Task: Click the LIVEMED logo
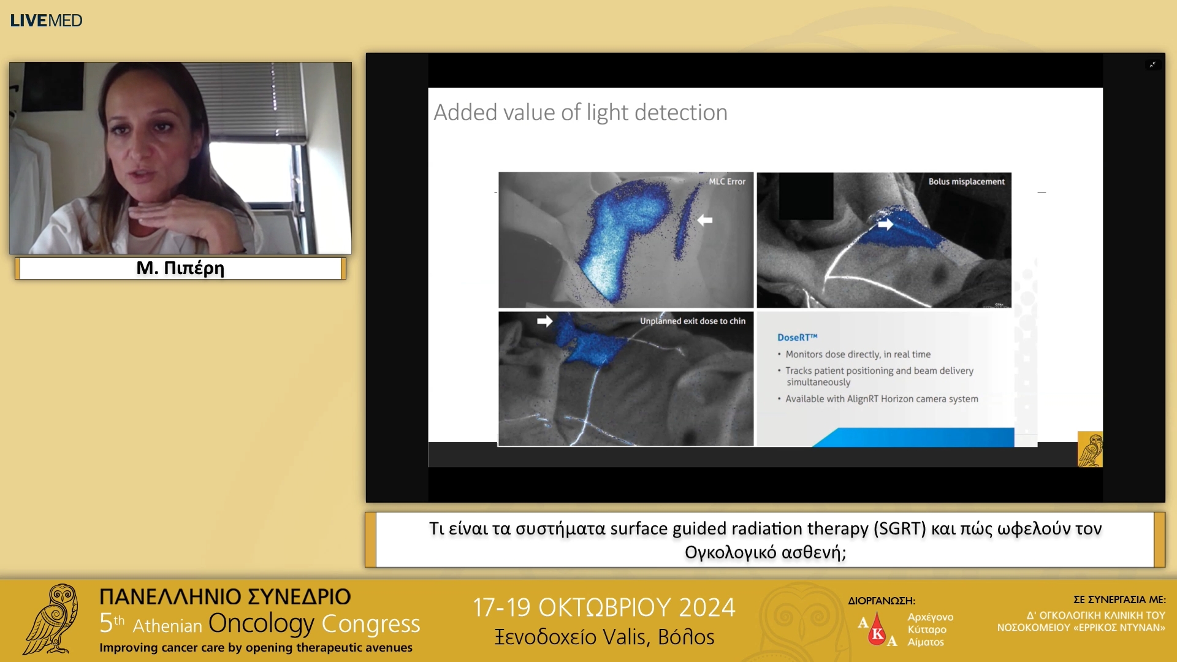pyautogui.click(x=46, y=20)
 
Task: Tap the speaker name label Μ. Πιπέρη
pyautogui.click(x=180, y=268)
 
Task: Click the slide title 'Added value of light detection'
pyautogui.click(x=580, y=113)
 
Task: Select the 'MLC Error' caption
pyautogui.click(x=727, y=181)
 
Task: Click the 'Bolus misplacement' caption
pyautogui.click(x=966, y=181)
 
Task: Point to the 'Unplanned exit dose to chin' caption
pyautogui.click(x=693, y=321)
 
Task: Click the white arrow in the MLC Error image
pyautogui.click(x=705, y=220)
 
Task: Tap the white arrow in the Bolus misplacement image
pyautogui.click(x=885, y=224)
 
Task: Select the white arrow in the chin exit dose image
pyautogui.click(x=544, y=321)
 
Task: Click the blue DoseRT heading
pyautogui.click(x=797, y=337)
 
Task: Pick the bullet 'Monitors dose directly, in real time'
pyautogui.click(x=858, y=354)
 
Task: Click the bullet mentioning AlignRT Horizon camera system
pyautogui.click(x=881, y=399)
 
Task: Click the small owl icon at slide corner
pyautogui.click(x=1090, y=449)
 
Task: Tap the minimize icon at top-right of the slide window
pyautogui.click(x=1153, y=64)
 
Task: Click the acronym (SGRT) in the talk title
pyautogui.click(x=900, y=528)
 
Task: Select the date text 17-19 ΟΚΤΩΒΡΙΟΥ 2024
pyautogui.click(x=604, y=607)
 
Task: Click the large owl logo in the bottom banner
pyautogui.click(x=52, y=619)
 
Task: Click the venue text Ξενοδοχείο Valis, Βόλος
pyautogui.click(x=604, y=637)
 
